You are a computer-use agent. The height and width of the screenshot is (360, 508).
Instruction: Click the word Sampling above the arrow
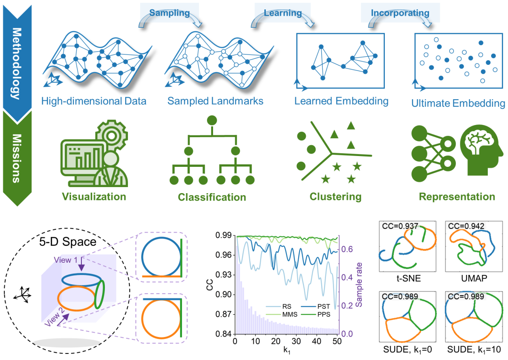tap(169, 13)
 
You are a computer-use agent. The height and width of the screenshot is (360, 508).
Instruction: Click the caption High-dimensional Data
tap(94, 101)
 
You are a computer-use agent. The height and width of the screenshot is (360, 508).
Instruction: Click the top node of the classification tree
tap(212, 119)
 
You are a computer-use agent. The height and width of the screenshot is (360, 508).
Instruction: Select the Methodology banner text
tap(16, 63)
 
